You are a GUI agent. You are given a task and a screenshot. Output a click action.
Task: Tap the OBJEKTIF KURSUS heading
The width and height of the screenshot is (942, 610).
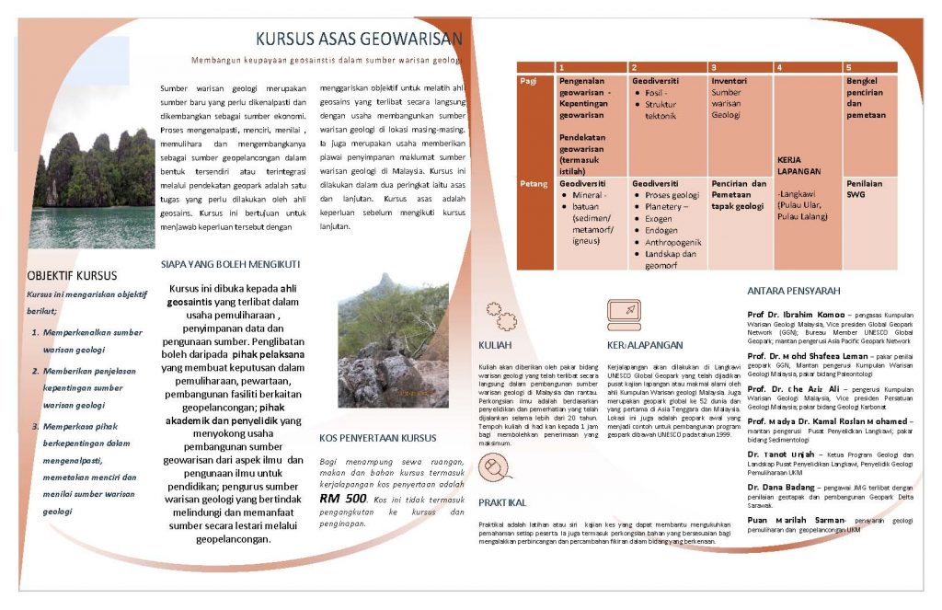point(72,275)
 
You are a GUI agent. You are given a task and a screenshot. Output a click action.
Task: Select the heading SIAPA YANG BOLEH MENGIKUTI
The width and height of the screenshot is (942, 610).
point(230,264)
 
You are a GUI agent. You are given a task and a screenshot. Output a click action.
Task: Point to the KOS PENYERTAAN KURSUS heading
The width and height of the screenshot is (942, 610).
point(377,438)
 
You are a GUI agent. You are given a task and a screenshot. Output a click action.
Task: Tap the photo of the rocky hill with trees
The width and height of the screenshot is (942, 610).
point(393,340)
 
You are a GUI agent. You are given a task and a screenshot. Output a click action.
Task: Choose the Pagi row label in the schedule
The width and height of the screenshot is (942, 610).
point(529,81)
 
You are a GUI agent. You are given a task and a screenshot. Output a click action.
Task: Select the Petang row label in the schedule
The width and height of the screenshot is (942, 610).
point(534,183)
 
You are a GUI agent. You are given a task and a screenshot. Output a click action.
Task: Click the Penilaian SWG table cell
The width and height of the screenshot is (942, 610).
point(866,189)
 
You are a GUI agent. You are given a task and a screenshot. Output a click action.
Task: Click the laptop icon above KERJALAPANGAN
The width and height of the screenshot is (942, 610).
point(624,316)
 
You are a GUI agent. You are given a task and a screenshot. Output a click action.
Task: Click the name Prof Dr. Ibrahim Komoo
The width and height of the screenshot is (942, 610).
point(795,314)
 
